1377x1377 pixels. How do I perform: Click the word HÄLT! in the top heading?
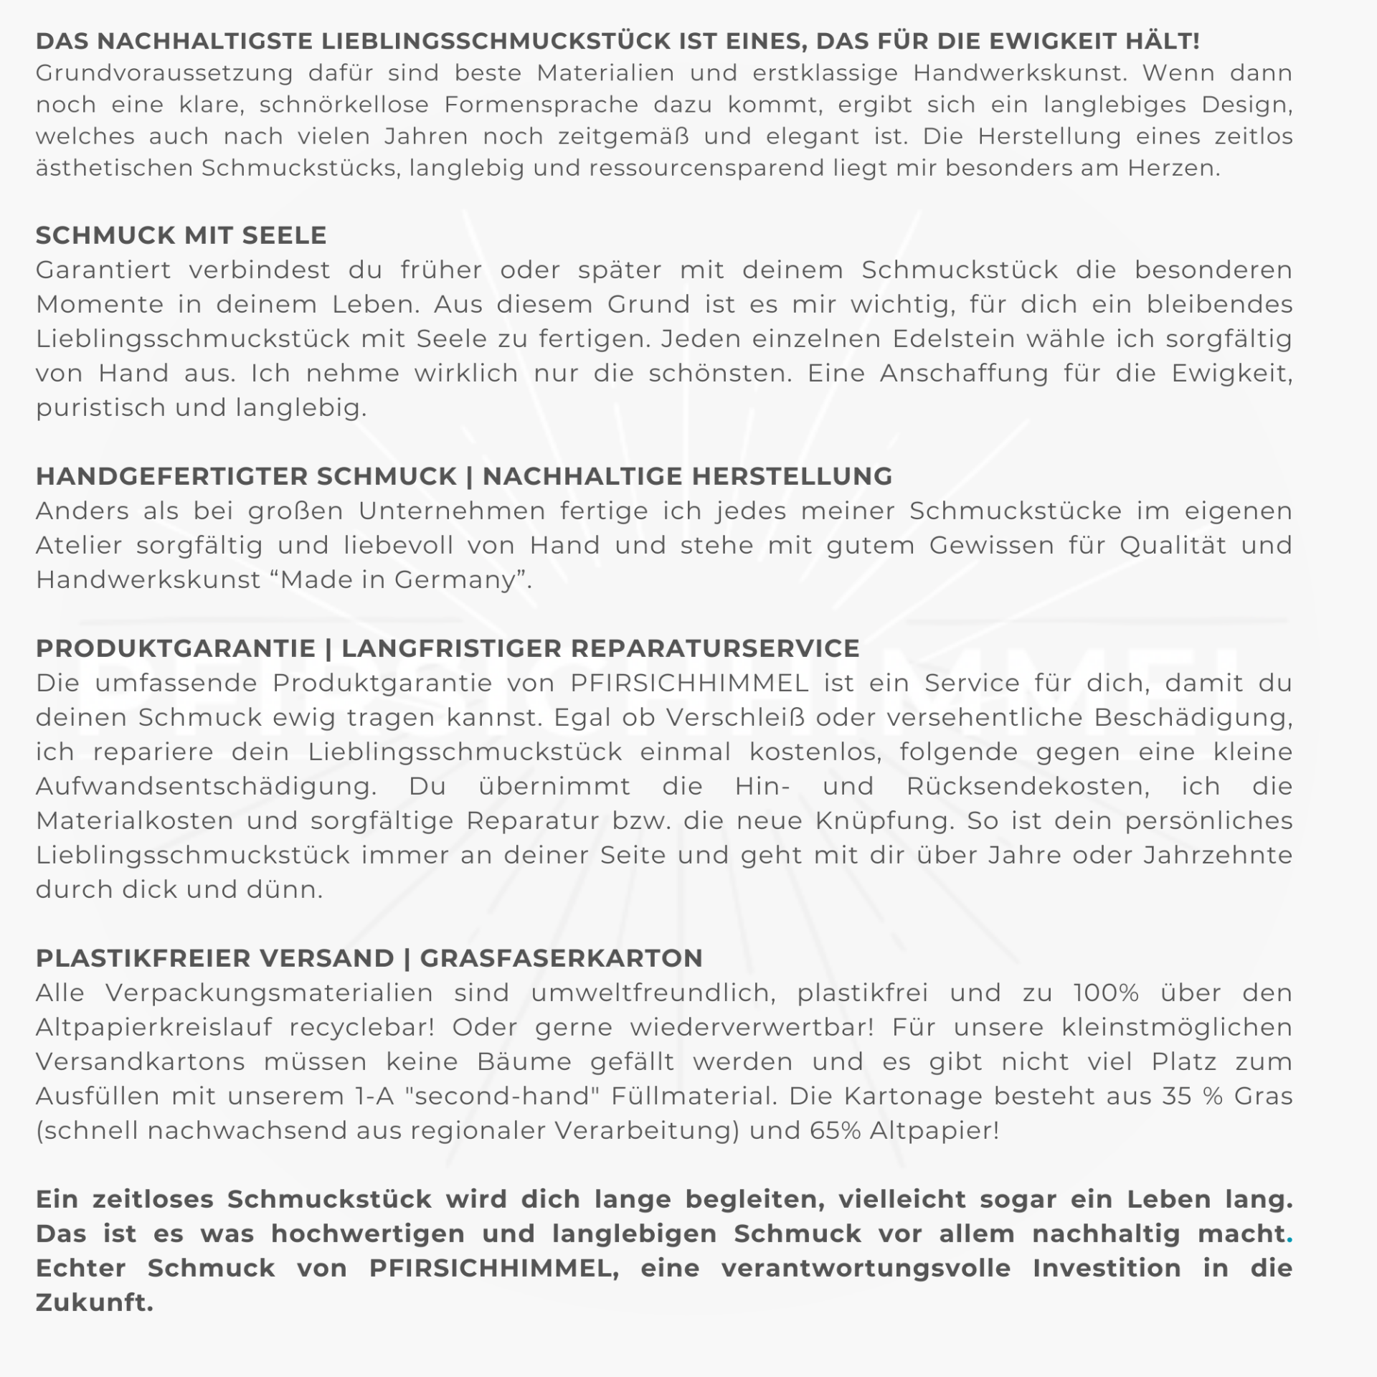[x=1162, y=41]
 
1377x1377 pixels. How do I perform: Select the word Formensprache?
[x=541, y=105]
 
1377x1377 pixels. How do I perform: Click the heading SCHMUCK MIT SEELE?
[x=181, y=235]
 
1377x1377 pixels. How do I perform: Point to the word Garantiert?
[x=104, y=270]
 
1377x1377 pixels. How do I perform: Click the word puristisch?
[x=98, y=408]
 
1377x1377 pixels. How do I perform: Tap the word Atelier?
[x=79, y=546]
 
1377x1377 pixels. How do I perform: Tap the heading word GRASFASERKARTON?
[x=561, y=958]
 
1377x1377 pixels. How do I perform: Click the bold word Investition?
[x=1107, y=1268]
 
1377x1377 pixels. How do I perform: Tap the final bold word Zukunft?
[x=94, y=1302]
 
